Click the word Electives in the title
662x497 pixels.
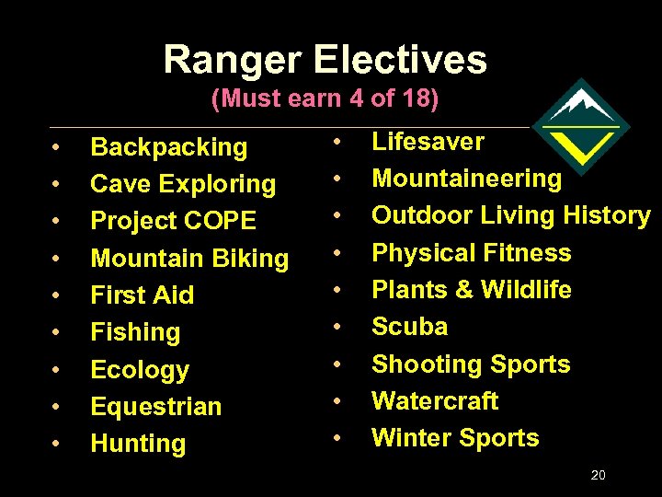pyautogui.click(x=401, y=61)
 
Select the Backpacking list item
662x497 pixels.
pyautogui.click(x=169, y=147)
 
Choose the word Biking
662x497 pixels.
pyautogui.click(x=248, y=259)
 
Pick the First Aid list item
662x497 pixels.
pyautogui.click(x=143, y=295)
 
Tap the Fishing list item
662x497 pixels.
pyautogui.click(x=135, y=332)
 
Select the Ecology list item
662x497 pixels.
pyautogui.click(x=140, y=370)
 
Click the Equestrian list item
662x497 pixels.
pyautogui.click(x=156, y=407)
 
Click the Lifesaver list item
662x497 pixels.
pyautogui.click(x=428, y=142)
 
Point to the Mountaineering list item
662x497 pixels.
pyautogui.click(x=466, y=179)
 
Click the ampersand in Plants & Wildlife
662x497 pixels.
pyautogui.click(x=464, y=290)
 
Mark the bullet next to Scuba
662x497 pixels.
pyautogui.click(x=338, y=328)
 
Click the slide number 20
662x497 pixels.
pyautogui.click(x=598, y=476)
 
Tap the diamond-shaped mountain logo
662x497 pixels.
pyautogui.click(x=580, y=126)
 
